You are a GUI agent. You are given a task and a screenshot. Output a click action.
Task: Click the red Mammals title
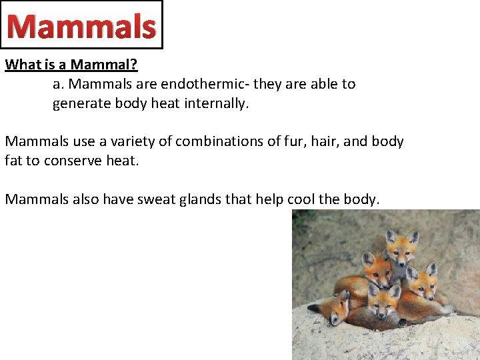point(81,27)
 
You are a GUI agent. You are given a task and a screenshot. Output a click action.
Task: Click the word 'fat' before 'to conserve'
point(13,161)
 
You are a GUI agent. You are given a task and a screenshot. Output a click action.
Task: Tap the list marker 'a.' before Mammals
point(59,85)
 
